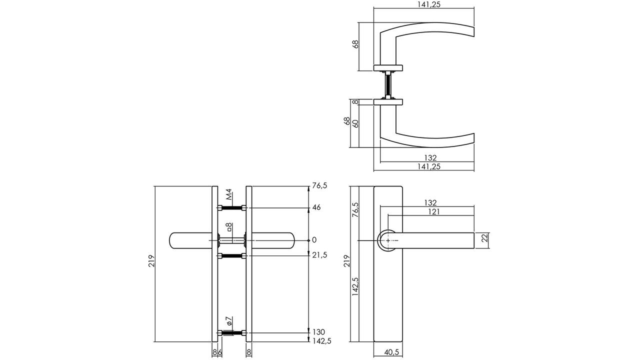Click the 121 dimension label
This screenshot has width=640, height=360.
[x=434, y=211]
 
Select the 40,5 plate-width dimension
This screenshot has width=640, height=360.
[x=391, y=352]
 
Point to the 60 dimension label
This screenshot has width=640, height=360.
[x=355, y=123]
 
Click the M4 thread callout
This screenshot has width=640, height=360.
[x=229, y=194]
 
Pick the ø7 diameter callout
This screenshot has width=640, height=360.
[x=229, y=321]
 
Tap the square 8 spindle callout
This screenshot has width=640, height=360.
[x=229, y=227]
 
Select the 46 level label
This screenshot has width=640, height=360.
[x=316, y=207]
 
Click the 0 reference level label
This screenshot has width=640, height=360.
[x=314, y=239]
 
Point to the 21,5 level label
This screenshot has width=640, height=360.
[x=319, y=255]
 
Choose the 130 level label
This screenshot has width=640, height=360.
[x=318, y=332]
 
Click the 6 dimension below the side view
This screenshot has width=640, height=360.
[x=220, y=352]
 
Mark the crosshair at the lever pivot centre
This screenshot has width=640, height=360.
[x=388, y=241]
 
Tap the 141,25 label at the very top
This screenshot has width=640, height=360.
[x=429, y=4]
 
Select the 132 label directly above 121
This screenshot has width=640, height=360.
[x=430, y=202]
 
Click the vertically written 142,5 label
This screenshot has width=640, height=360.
[x=355, y=286]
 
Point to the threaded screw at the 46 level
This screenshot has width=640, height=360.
[x=232, y=208]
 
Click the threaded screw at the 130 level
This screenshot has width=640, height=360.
[x=232, y=333]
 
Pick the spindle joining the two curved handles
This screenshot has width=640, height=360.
[x=387, y=85]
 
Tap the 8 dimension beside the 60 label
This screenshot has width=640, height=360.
[x=355, y=102]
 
